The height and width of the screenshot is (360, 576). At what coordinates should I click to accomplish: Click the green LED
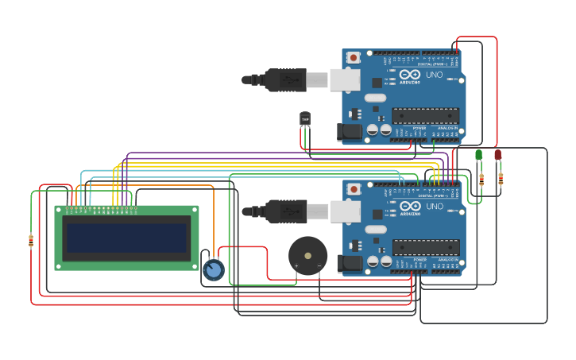tap(478, 155)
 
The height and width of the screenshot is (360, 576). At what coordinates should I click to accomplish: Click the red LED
tap(498, 155)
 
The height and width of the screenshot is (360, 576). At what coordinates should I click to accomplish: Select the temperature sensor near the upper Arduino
tap(305, 119)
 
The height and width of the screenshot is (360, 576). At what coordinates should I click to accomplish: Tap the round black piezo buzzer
tap(307, 256)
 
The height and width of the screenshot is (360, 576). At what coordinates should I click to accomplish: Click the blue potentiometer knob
tap(213, 270)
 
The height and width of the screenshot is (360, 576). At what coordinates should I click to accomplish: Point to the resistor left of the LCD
tap(31, 241)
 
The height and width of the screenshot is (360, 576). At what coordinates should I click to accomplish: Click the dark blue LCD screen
tap(127, 238)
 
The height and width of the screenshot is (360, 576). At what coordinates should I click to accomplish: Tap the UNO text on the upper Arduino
tap(434, 74)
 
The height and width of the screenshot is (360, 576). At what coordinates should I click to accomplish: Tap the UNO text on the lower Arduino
tap(434, 206)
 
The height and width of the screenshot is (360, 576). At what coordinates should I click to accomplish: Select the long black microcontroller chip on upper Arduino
tap(425, 116)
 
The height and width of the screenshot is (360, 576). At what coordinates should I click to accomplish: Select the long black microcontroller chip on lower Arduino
tap(425, 248)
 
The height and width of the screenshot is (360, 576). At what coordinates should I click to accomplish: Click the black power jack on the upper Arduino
tap(349, 132)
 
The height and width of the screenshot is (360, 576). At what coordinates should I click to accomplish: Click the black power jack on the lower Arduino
tap(349, 264)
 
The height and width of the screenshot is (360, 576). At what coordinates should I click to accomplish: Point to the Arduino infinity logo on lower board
tap(410, 205)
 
